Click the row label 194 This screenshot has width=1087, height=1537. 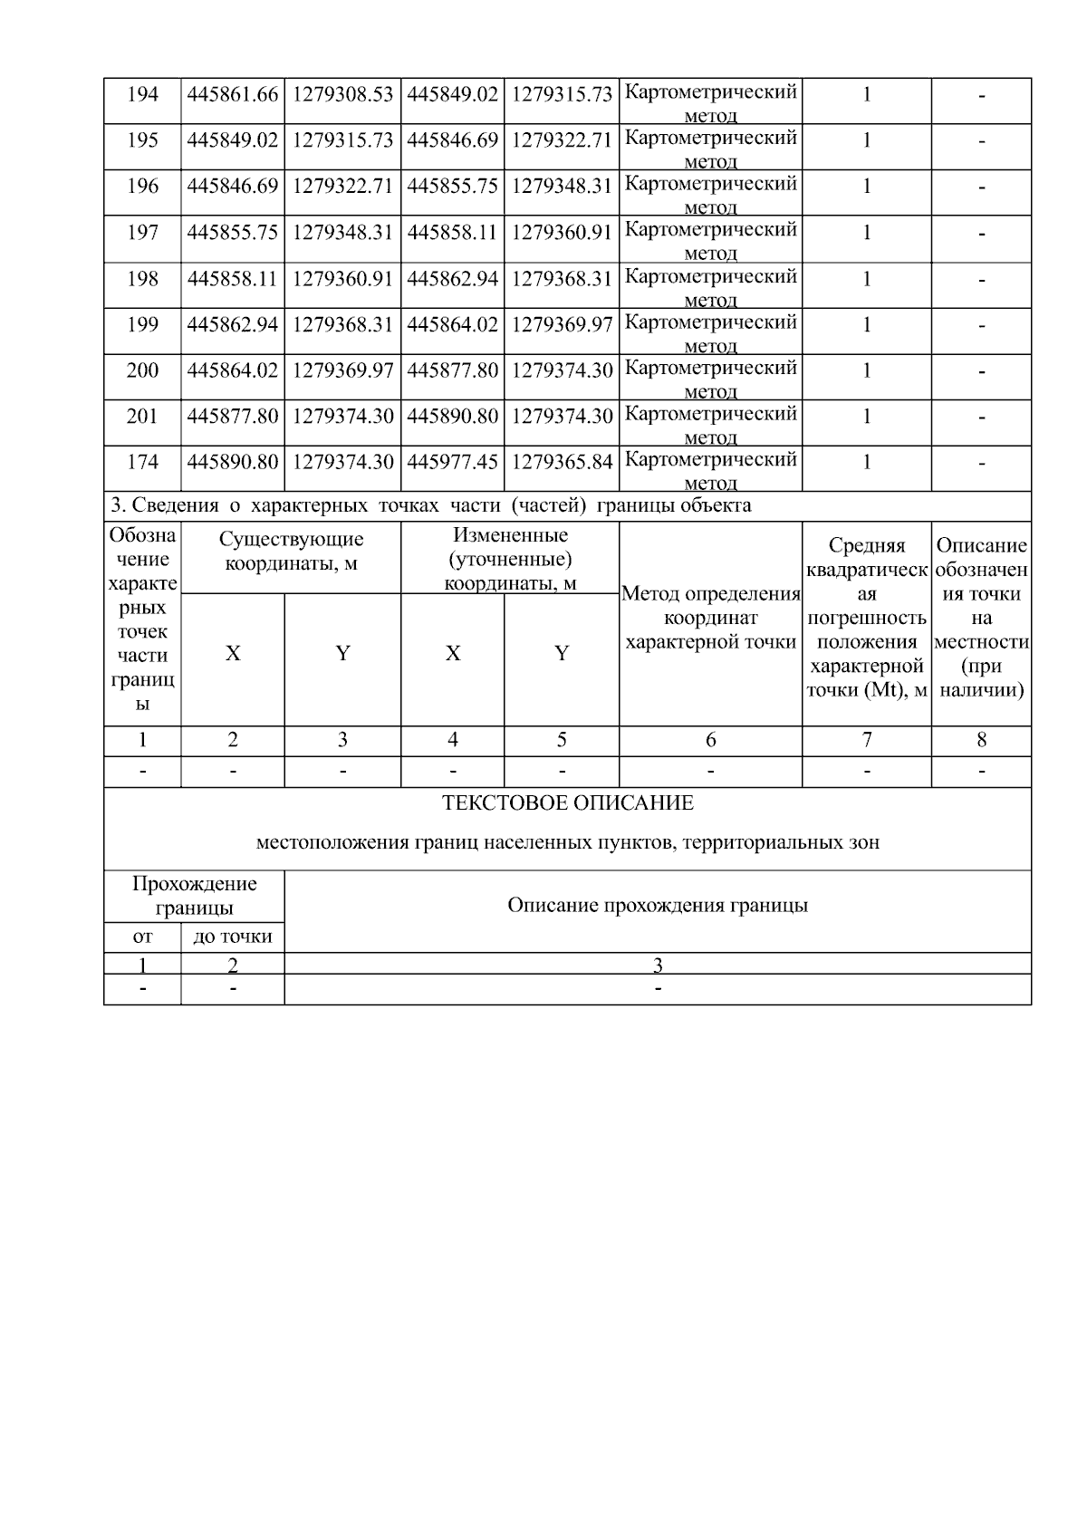tap(142, 94)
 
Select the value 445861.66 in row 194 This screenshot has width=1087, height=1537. tap(233, 94)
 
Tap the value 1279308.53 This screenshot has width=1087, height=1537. tap(342, 94)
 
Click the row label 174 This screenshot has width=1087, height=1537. tap(142, 462)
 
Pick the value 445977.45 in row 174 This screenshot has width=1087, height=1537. tap(452, 462)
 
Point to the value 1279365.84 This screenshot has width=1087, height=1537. tap(562, 462)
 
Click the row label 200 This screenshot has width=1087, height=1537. tap(142, 370)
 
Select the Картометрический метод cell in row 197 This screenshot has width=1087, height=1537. tap(711, 240)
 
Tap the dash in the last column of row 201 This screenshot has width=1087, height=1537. tap(981, 417)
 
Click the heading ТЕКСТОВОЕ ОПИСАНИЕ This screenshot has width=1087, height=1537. tap(568, 803)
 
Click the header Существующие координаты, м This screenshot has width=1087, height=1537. tap(291, 551)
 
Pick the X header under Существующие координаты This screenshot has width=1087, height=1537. tap(233, 654)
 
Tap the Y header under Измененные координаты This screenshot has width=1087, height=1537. tap(562, 654)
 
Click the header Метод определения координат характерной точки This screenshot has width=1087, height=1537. tap(711, 619)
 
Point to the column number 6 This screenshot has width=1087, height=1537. tap(711, 740)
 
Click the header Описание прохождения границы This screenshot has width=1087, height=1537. tap(658, 906)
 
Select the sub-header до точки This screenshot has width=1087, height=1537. tap(233, 937)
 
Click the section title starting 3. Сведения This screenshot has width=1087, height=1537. tap(430, 505)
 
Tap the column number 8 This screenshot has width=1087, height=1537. tap(981, 740)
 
